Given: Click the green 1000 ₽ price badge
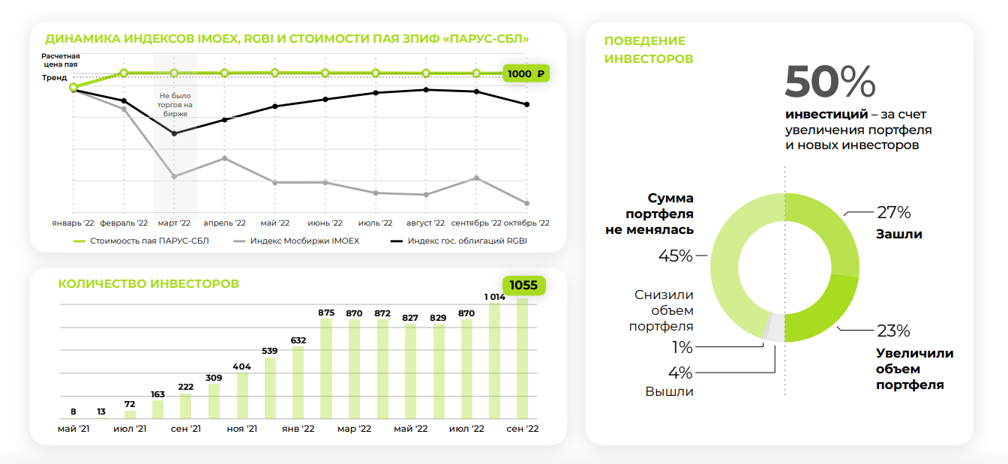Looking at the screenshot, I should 526,73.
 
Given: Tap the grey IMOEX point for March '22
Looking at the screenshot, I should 174,176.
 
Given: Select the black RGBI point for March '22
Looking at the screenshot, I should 174,133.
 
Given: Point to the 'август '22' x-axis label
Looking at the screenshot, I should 425,223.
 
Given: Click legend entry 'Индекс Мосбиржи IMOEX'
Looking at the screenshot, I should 304,241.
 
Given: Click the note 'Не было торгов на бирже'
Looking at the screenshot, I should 175,105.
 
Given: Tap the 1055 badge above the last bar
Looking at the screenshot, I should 524,286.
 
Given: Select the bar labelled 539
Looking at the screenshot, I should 270,388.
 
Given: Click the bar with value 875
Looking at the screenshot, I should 326,368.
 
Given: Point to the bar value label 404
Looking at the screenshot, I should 242,367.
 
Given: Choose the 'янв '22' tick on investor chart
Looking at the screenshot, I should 298,429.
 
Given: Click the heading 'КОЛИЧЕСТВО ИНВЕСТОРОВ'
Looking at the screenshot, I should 148,284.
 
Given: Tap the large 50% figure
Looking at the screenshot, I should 829,82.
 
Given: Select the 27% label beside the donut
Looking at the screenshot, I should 893,212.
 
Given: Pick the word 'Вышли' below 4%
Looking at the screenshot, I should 669,391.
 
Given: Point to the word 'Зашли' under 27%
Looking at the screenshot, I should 898,234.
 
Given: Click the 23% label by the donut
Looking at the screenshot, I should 893,331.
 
